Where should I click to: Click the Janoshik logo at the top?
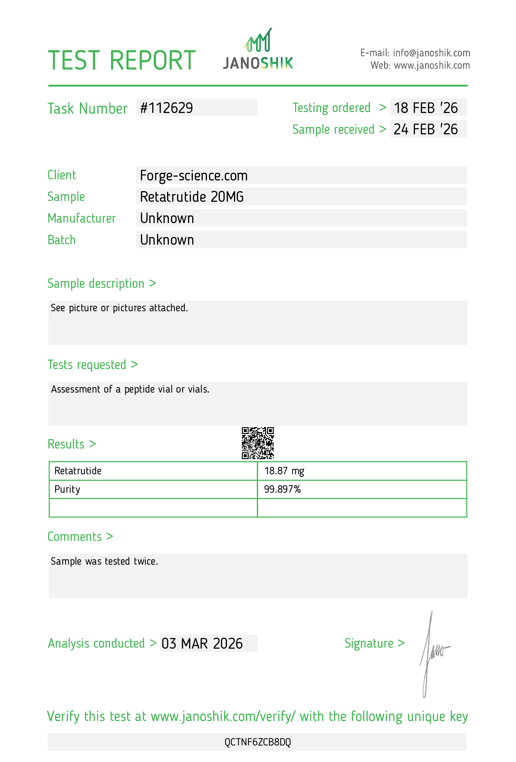tap(258, 50)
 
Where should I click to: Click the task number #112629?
tap(166, 108)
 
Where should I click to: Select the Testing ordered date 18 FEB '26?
tap(425, 108)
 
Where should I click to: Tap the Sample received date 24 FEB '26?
tap(425, 129)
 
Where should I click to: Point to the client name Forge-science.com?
tap(193, 176)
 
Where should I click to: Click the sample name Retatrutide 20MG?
tap(192, 197)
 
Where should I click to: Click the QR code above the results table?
tap(258, 443)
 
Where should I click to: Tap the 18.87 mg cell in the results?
tap(284, 471)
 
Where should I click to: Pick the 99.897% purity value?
tap(282, 489)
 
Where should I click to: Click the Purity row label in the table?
tap(67, 489)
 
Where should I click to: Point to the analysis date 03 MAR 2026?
tap(202, 644)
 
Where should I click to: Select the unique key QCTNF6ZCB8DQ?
tap(258, 742)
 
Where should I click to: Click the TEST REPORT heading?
tap(122, 61)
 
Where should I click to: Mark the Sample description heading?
tap(95, 283)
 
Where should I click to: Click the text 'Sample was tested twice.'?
tap(104, 561)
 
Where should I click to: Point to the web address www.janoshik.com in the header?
tap(432, 66)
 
